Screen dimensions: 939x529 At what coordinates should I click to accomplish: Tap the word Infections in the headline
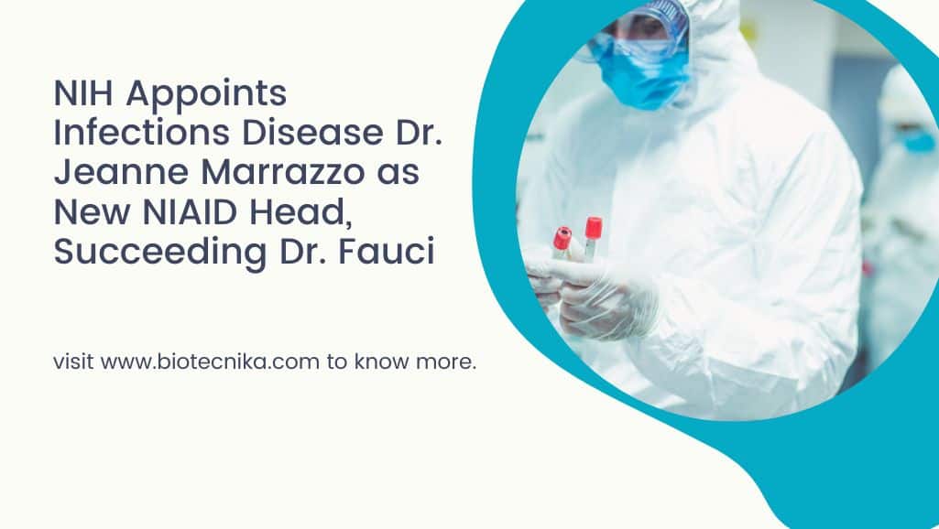point(142,132)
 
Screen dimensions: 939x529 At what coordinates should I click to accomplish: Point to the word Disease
point(312,132)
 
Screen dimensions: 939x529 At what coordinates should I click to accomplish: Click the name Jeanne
point(122,172)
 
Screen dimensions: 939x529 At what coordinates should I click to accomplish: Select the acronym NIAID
point(191,211)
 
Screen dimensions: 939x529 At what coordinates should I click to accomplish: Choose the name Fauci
point(387,251)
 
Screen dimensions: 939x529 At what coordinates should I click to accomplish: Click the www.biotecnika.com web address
point(210,362)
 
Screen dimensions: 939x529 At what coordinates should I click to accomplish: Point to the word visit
point(73,362)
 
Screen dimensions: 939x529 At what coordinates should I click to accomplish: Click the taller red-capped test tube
point(593,238)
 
